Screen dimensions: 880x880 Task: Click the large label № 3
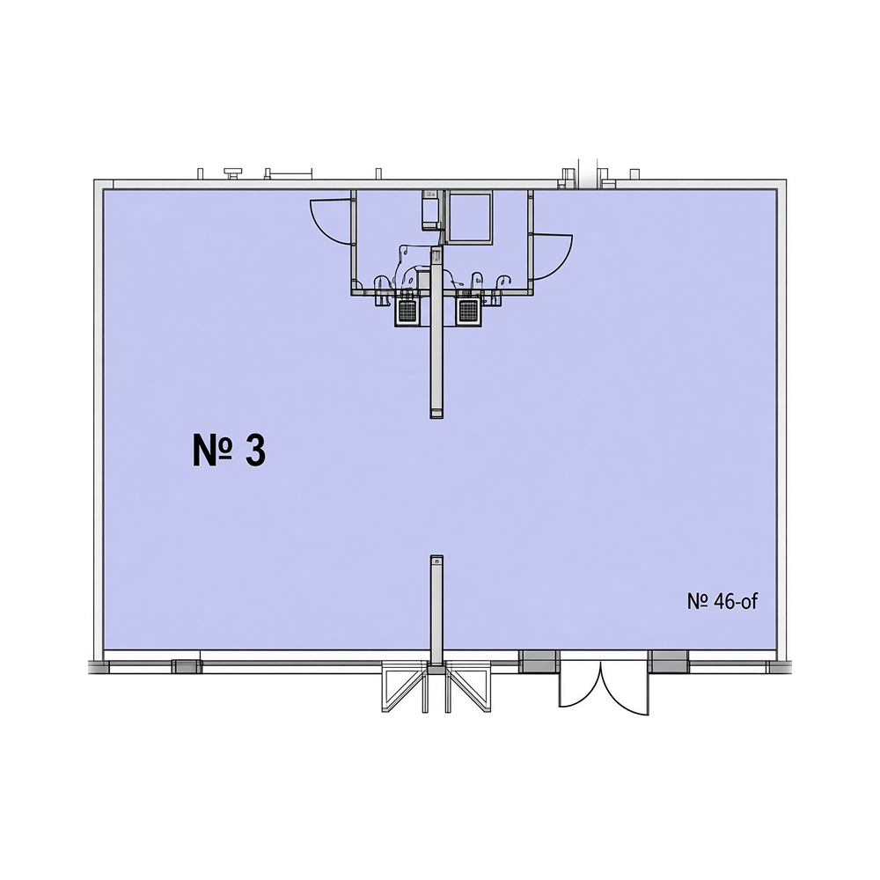pyautogui.click(x=229, y=450)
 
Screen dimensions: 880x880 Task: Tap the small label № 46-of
pyautogui.click(x=722, y=601)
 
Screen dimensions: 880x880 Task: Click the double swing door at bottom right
pyautogui.click(x=604, y=687)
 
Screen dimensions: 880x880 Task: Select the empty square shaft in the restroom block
pyautogui.click(x=469, y=217)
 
